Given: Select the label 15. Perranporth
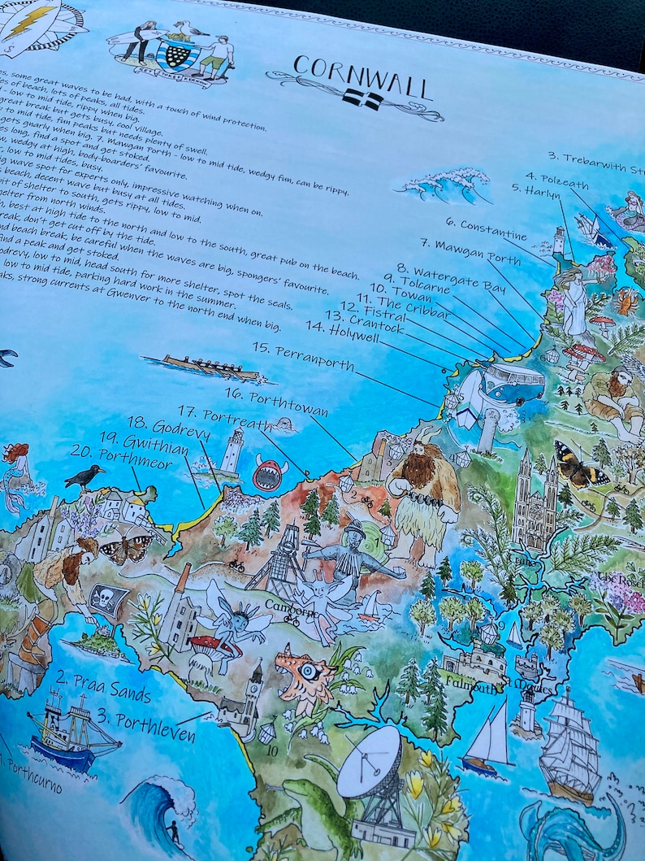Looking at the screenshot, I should (x=302, y=358).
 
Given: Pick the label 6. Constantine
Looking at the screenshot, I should (x=486, y=226).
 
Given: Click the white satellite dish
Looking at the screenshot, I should (x=370, y=763).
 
